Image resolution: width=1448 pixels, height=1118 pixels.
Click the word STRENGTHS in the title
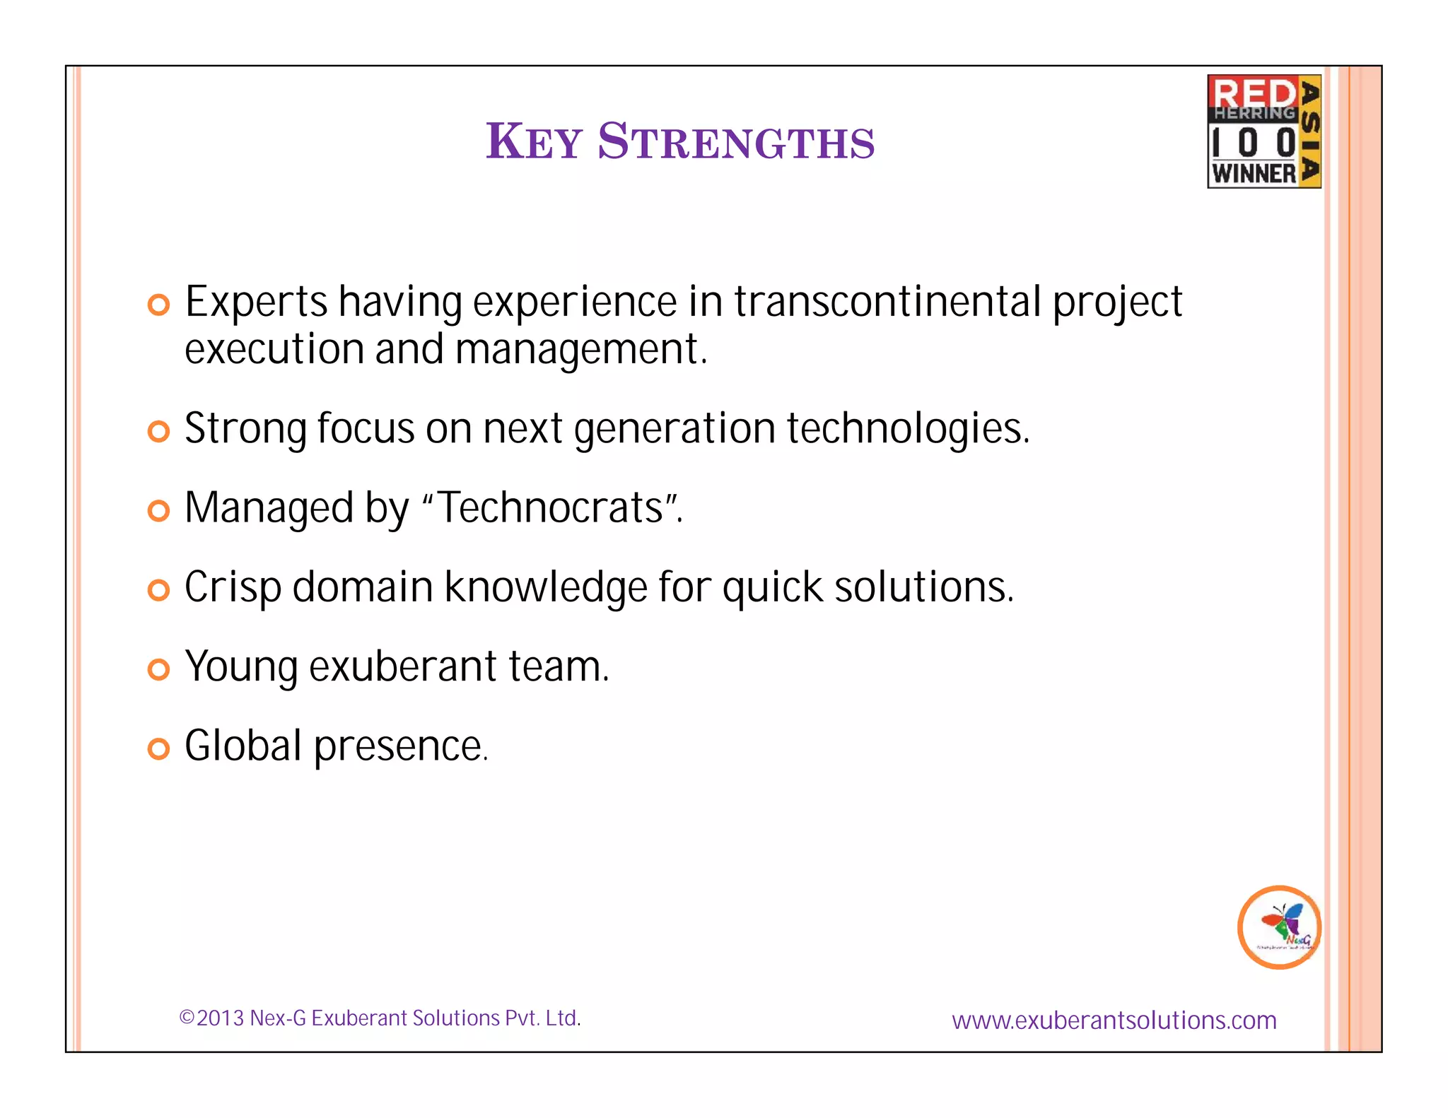[x=736, y=141]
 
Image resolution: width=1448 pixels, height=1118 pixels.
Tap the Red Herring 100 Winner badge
[x=1263, y=131]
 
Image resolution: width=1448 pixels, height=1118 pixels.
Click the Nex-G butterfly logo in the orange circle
[x=1279, y=926]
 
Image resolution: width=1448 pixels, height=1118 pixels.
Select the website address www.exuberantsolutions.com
[x=1114, y=1020]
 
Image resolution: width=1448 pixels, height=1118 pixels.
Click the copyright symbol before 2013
[x=187, y=1018]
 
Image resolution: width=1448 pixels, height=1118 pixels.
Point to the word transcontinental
[x=887, y=302]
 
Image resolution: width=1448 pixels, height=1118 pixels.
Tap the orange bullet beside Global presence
[x=159, y=748]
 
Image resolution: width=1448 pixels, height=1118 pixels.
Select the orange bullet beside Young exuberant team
[x=159, y=669]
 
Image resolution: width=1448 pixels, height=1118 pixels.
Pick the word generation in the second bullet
[x=675, y=429]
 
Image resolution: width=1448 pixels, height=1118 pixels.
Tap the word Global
[x=243, y=746]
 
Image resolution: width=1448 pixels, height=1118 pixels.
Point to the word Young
[x=242, y=667]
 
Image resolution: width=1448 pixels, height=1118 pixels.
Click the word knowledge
[x=545, y=587]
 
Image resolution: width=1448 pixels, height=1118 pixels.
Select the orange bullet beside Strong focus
[x=159, y=431]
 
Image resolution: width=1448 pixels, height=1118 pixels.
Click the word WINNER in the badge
[x=1254, y=173]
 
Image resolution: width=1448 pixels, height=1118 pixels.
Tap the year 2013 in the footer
[x=220, y=1018]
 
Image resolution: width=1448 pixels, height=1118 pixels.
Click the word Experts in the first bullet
[x=256, y=302]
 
